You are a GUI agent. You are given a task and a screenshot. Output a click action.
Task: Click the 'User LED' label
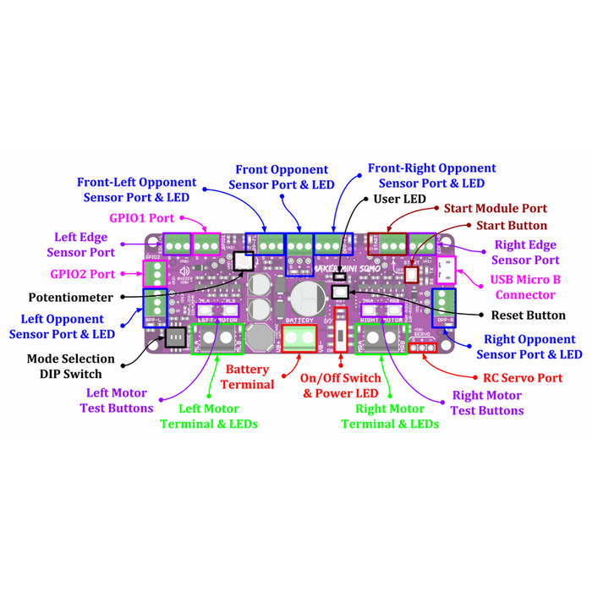coord(399,199)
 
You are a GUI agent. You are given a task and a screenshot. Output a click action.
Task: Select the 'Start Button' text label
coord(511,226)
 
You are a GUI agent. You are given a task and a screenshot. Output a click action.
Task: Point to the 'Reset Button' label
coord(528,315)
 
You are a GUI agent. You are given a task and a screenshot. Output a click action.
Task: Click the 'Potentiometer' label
coord(70,298)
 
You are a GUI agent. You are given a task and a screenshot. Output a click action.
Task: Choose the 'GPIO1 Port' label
coord(141,217)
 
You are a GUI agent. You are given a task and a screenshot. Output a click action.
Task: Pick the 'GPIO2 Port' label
coord(82,274)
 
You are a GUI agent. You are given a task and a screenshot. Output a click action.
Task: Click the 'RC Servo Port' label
coord(522,378)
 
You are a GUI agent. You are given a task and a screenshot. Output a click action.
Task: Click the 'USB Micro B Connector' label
coord(525,288)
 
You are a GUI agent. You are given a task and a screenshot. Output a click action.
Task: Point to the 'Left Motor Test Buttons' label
coord(118,400)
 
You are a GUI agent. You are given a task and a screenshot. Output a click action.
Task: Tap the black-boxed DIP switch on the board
coord(175,337)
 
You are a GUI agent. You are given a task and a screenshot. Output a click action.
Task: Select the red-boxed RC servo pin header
coord(423,348)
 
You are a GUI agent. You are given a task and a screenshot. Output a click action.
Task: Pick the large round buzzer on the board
coord(305,297)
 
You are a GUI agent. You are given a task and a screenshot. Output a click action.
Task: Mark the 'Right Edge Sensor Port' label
coord(524,253)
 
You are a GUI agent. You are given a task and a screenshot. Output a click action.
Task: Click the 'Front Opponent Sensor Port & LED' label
coord(281,178)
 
